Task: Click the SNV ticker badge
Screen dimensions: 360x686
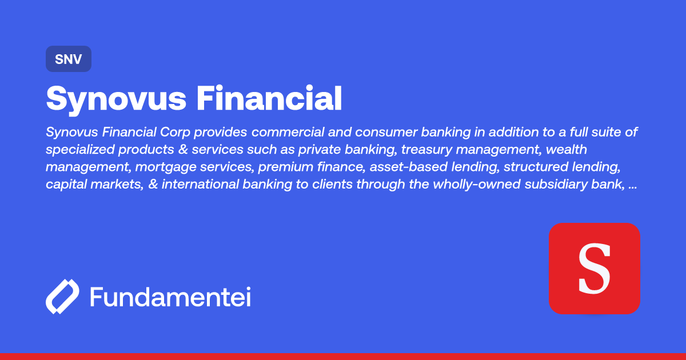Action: pos(68,59)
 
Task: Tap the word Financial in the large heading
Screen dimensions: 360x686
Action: pos(269,98)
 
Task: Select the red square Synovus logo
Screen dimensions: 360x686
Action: pos(594,268)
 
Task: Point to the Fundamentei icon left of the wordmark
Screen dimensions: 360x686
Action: pos(62,297)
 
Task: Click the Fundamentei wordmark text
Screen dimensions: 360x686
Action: pos(170,297)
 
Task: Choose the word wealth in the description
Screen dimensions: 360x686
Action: pos(567,150)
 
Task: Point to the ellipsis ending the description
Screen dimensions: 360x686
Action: pos(632,187)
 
